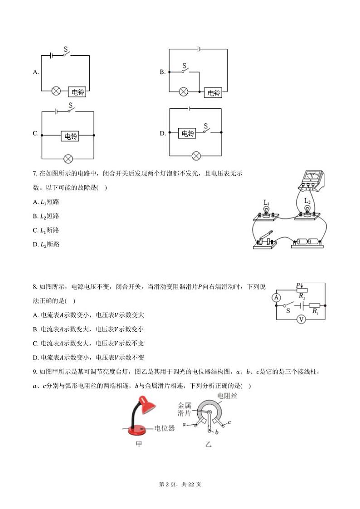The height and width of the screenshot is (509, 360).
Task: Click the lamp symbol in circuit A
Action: click(x=56, y=91)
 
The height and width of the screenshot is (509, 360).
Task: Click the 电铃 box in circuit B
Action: click(x=213, y=92)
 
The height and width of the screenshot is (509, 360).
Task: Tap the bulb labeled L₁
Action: click(x=267, y=210)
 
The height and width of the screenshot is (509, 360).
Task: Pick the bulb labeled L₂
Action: click(x=307, y=209)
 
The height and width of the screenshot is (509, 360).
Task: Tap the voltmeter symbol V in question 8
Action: click(x=300, y=320)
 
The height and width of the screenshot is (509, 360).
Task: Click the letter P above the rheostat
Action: click(x=297, y=285)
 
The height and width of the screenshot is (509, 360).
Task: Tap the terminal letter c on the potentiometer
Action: click(x=230, y=422)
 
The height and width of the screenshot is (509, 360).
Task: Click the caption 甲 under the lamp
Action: click(x=139, y=444)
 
